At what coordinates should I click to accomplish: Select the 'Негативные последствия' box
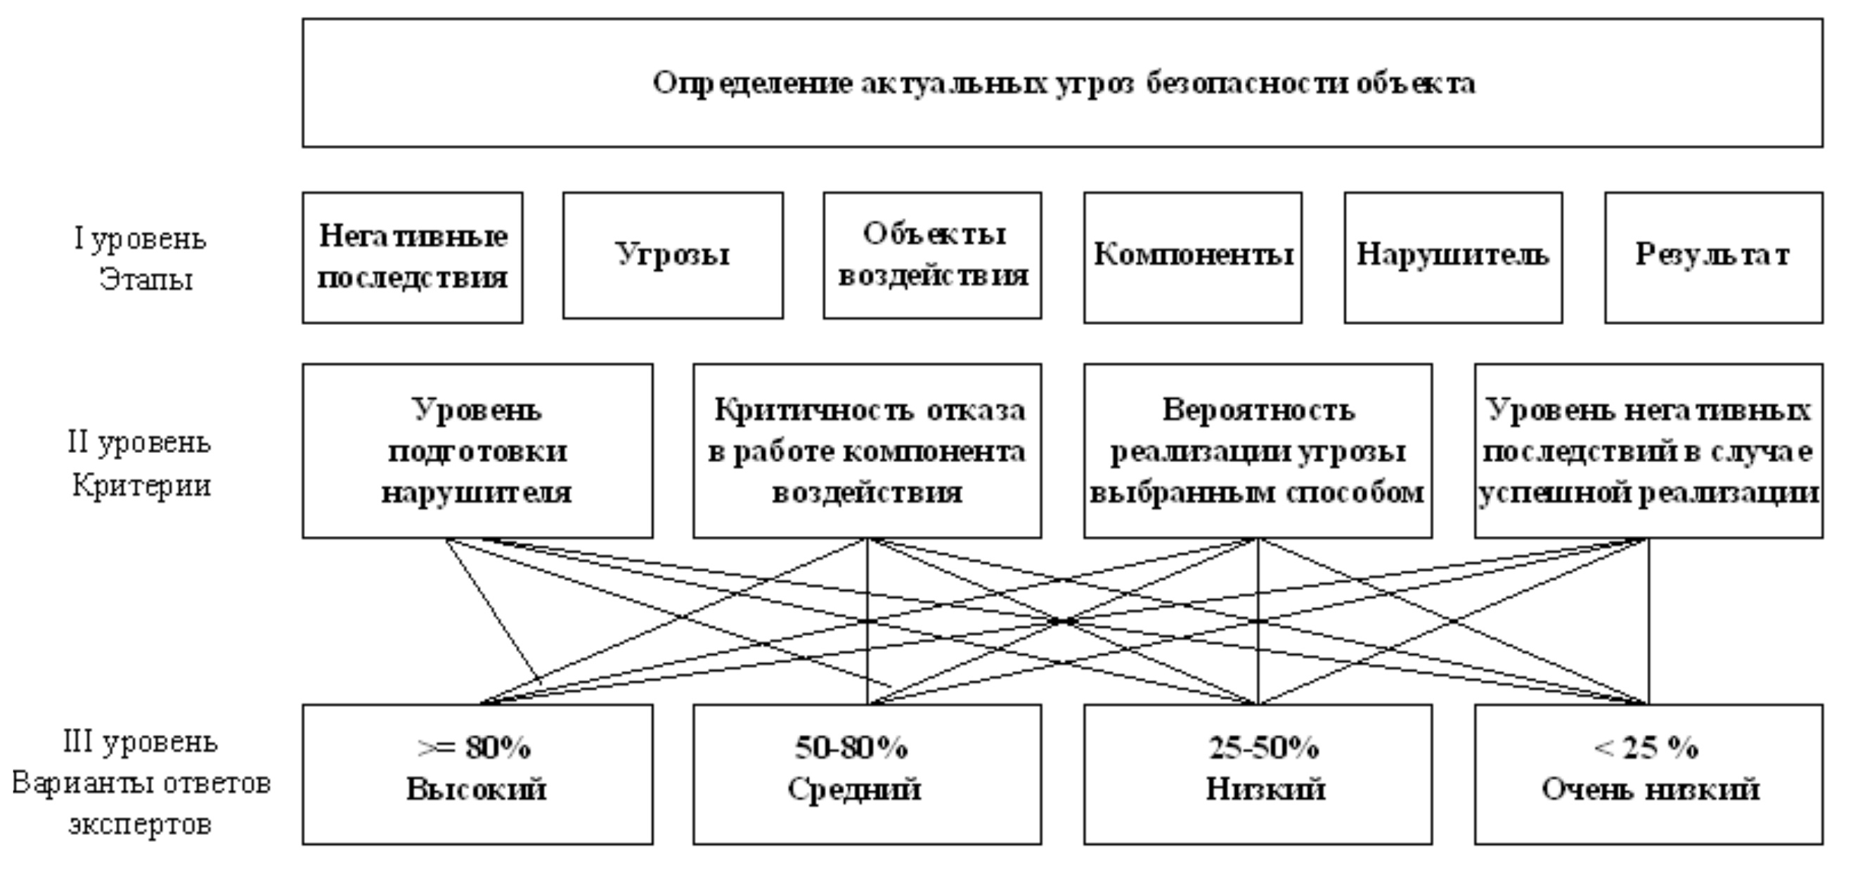412,257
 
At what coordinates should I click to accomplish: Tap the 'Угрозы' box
673,255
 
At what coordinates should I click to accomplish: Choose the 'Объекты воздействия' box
932,255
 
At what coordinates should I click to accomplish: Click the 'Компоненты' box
1193,257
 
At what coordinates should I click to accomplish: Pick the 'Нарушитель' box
1453,257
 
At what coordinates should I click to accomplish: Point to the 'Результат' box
1713,257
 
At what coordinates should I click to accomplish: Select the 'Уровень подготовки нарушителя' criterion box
477,450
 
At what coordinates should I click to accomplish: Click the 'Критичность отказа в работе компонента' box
867,450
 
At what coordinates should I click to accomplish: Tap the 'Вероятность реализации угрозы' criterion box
1258,450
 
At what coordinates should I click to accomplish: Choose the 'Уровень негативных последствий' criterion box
1648,450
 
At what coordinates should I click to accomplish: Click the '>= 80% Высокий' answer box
477,774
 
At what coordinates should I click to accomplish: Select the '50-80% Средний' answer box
867,774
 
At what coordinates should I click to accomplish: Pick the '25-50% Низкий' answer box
1258,774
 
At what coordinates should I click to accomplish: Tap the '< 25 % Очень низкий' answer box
1648,774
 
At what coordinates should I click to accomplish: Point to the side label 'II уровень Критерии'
141,464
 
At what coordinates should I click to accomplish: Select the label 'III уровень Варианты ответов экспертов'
141,783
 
